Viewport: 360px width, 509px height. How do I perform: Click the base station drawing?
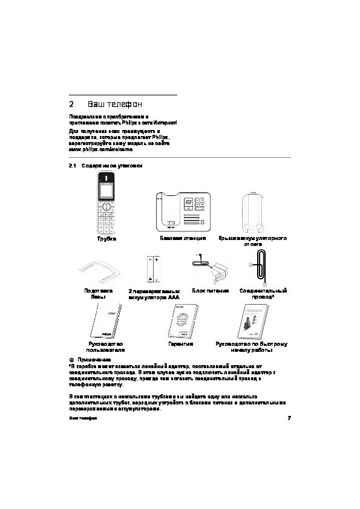pyautogui.click(x=183, y=212)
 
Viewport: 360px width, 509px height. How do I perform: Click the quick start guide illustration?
pyautogui.click(x=252, y=321)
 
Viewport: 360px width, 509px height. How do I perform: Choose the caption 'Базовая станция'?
pyautogui.click(x=183, y=239)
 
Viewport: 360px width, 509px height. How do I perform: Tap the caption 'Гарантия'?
pyautogui.click(x=181, y=343)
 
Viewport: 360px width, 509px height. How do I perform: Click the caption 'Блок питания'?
pyautogui.click(x=210, y=291)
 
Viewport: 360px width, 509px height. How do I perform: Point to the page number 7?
pyautogui.click(x=289, y=418)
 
